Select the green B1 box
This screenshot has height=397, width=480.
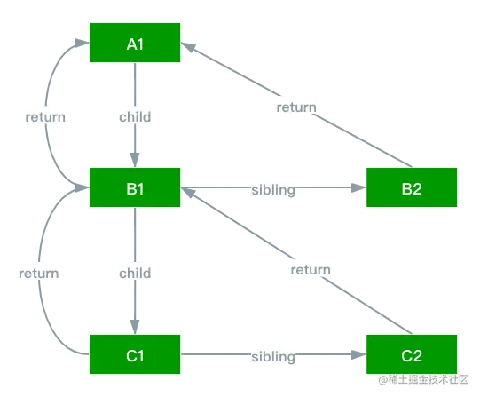click(135, 187)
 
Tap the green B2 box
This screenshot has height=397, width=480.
click(412, 187)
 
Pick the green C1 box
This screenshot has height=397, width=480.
click(135, 355)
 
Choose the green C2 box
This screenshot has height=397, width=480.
click(412, 355)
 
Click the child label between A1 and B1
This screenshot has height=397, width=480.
click(135, 115)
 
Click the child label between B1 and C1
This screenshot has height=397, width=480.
click(135, 271)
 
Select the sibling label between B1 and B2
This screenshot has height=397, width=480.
click(272, 188)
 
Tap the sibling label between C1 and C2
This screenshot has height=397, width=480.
click(272, 356)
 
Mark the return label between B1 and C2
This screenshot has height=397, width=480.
click(310, 269)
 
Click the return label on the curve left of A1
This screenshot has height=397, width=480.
click(43, 115)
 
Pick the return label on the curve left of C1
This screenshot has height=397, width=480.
click(37, 273)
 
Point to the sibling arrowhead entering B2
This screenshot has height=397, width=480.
click(358, 187)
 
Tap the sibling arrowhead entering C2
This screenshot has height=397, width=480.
click(358, 355)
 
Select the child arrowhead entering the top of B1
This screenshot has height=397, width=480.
click(135, 160)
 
